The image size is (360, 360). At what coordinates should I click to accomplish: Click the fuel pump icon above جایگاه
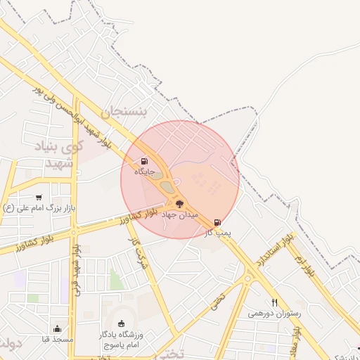click(145, 161)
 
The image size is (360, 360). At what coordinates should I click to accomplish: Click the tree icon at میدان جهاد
click(180, 204)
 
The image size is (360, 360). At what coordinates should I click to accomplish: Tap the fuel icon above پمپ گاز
click(217, 222)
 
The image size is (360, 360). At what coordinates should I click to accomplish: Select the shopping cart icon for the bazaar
click(38, 198)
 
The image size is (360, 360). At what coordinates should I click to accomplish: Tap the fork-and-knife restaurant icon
click(274, 303)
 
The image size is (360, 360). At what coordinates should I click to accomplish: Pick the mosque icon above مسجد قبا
click(58, 328)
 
